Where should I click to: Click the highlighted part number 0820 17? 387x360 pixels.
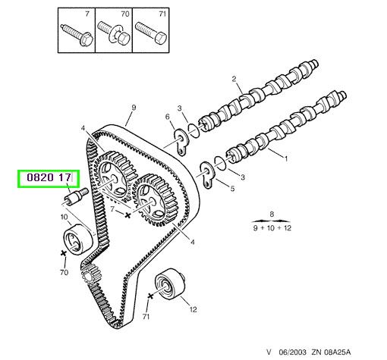point(49,178)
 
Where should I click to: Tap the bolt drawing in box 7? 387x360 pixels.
point(77,35)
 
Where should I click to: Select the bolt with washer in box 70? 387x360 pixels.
point(114,33)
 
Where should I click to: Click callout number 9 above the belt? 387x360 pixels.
point(134,108)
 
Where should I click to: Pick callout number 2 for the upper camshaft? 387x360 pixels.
point(234,79)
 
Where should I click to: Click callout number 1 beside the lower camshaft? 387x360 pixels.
point(286,159)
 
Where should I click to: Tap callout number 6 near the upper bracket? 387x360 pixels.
point(168,117)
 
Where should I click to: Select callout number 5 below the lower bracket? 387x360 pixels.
point(232,189)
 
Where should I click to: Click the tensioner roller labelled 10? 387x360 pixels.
point(78,239)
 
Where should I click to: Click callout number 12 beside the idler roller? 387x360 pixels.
point(193,309)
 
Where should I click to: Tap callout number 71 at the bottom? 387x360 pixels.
point(146,316)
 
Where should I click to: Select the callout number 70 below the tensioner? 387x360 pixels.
point(64,272)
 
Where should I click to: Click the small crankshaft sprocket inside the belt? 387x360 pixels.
point(88,274)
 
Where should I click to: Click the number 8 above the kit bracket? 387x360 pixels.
point(272,214)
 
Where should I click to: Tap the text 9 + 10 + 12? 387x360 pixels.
point(272,228)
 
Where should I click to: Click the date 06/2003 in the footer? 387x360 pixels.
point(293,352)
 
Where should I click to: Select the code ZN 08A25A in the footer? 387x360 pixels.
point(331,352)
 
